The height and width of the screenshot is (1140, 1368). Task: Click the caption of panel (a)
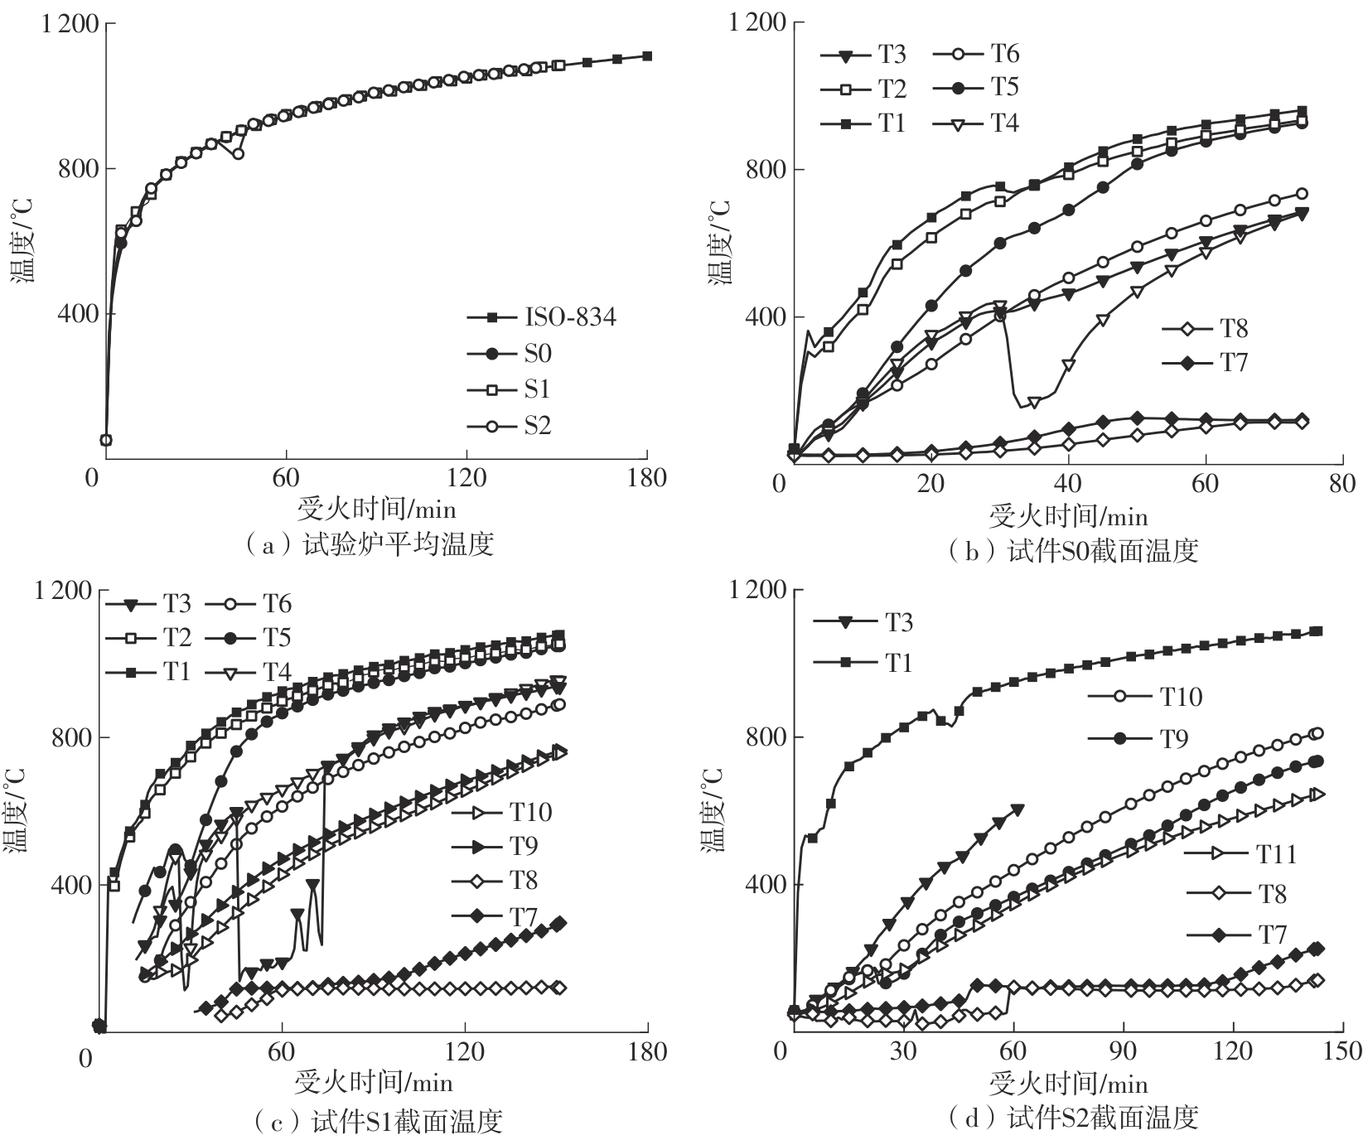pyautogui.click(x=371, y=544)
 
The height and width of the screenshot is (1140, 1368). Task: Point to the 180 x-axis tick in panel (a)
pyautogui.click(x=647, y=478)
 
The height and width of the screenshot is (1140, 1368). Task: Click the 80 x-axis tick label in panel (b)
pyautogui.click(x=1341, y=484)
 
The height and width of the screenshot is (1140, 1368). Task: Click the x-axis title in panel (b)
pyautogui.click(x=1069, y=517)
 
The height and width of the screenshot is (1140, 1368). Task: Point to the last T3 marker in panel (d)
pyautogui.click(x=1018, y=809)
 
